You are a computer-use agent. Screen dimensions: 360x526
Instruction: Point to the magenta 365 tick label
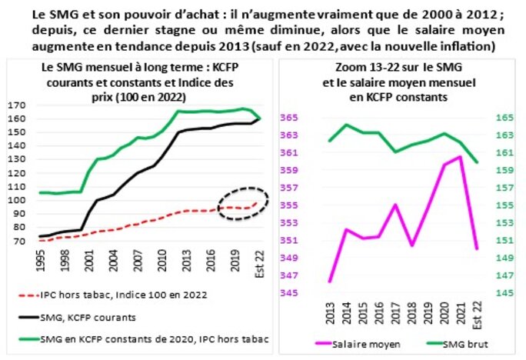[x=292, y=118]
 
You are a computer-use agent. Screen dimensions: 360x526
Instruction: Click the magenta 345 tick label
[x=292, y=293]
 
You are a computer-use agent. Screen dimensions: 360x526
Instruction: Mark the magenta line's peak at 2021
[x=459, y=157]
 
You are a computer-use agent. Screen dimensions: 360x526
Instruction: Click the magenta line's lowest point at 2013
[x=331, y=282]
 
